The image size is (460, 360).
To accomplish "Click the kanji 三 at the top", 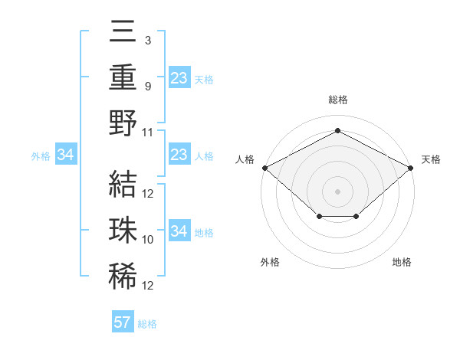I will click(123, 33).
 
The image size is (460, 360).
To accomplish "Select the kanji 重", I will click(123, 77).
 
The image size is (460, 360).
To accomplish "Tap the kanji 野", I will click(123, 123).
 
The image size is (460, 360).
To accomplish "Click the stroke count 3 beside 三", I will click(148, 40).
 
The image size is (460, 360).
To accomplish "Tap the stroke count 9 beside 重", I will click(148, 86).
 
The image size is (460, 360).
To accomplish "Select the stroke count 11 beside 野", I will click(148, 132).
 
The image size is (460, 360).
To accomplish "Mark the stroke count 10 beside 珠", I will click(148, 240).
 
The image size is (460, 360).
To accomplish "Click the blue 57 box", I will click(123, 322).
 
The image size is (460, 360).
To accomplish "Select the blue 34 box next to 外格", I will click(65, 155).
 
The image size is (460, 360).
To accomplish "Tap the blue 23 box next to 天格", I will click(179, 77).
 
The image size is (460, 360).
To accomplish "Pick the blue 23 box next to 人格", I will click(179, 155).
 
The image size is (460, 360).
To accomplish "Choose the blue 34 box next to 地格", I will click(179, 231).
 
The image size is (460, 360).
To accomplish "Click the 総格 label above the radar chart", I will click(337, 100).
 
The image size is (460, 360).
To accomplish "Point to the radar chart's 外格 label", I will click(270, 262).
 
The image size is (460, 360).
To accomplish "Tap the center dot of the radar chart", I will click(337, 190).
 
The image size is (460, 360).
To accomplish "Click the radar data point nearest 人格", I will click(264, 167).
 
